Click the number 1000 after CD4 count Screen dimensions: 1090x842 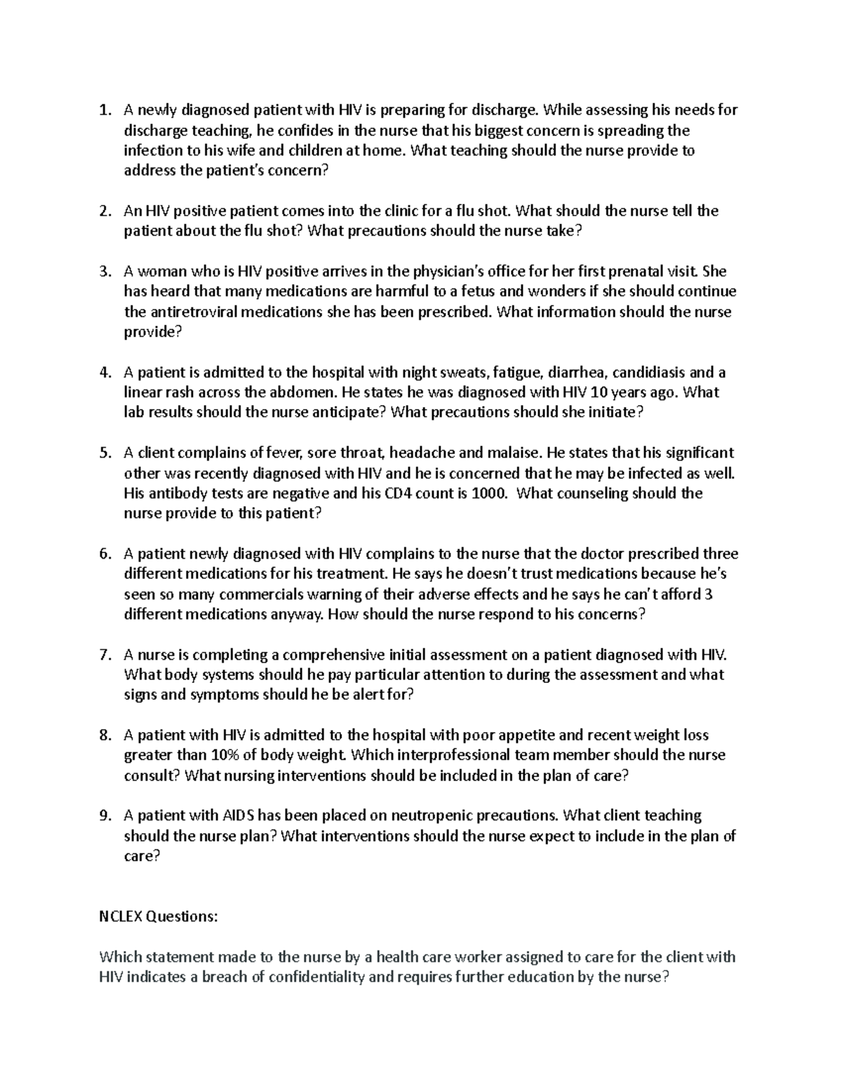coord(488,493)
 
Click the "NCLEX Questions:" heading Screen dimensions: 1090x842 coord(159,917)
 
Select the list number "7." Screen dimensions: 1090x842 coord(105,655)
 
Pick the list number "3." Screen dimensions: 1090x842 coord(105,271)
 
